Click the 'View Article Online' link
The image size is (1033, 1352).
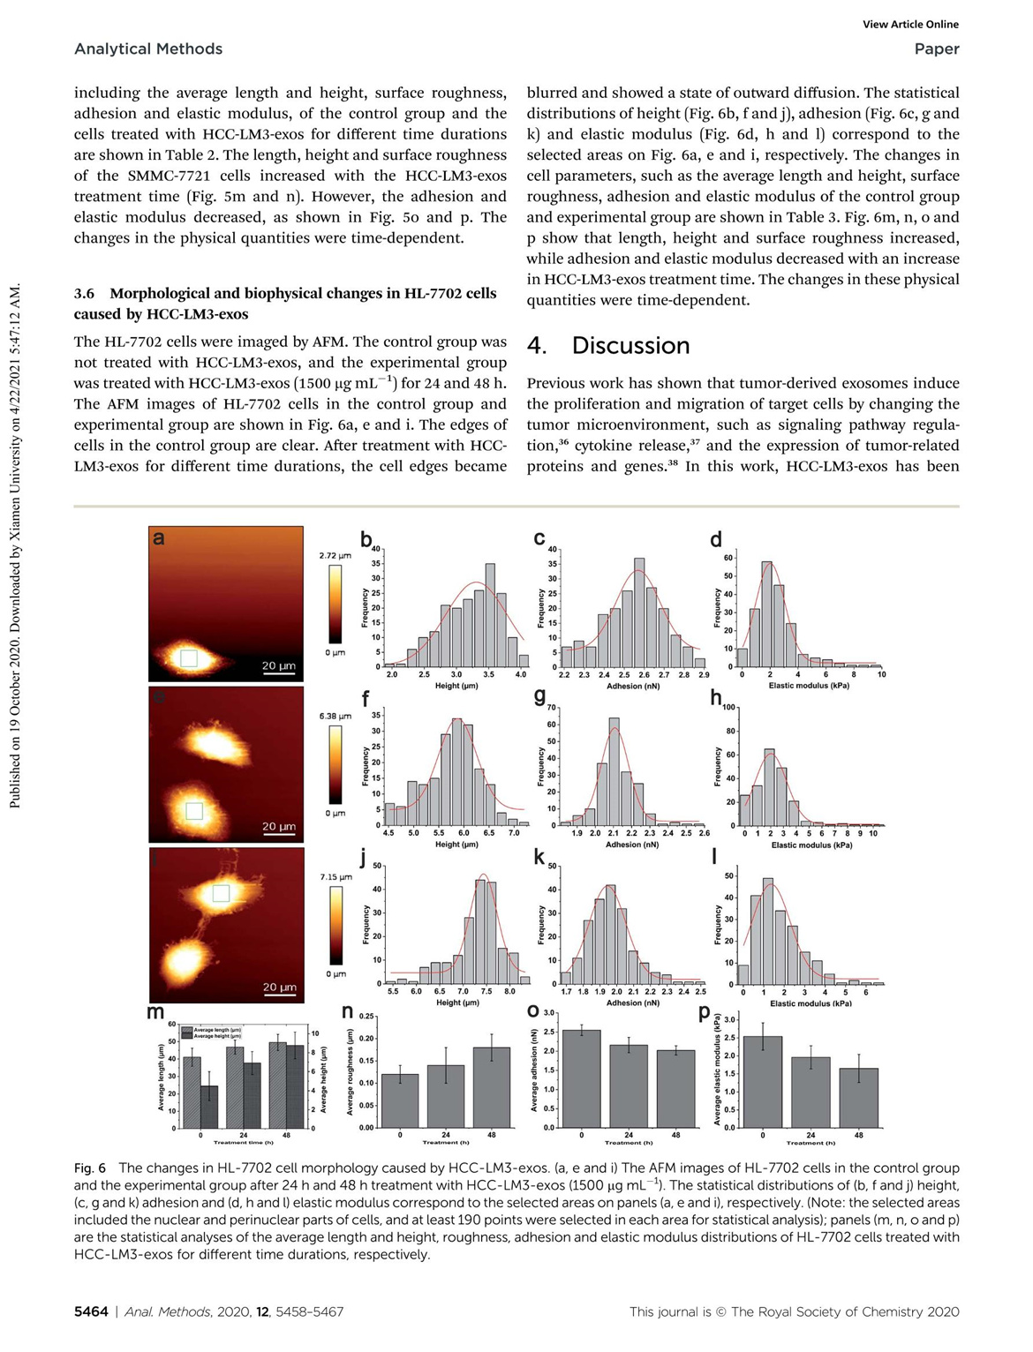pyautogui.click(x=910, y=25)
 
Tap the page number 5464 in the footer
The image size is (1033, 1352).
pyautogui.click(x=91, y=1311)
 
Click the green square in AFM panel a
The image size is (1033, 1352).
pyautogui.click(x=188, y=657)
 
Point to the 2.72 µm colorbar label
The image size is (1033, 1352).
pyautogui.click(x=335, y=556)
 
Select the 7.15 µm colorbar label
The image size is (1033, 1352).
pyautogui.click(x=336, y=877)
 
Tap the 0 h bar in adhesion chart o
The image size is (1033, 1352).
pyautogui.click(x=581, y=1078)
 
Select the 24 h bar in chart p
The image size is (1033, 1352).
pyautogui.click(x=811, y=1092)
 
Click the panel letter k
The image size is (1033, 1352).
pyautogui.click(x=539, y=857)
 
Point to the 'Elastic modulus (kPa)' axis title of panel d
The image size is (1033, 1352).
pyautogui.click(x=809, y=686)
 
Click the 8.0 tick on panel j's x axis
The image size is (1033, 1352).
pyautogui.click(x=509, y=992)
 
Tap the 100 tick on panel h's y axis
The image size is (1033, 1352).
pyautogui.click(x=728, y=708)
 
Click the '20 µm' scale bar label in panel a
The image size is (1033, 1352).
pyautogui.click(x=279, y=665)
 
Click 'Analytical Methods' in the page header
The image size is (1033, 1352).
pyautogui.click(x=148, y=49)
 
